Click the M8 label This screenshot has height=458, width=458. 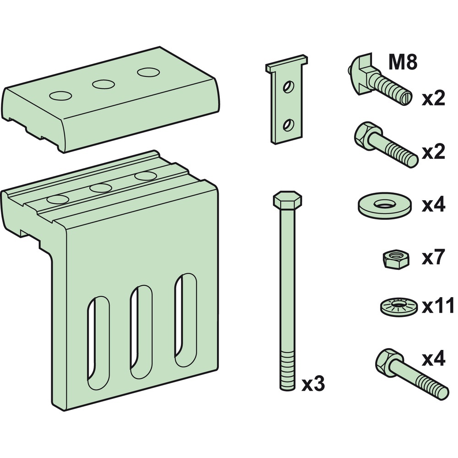coord(403,62)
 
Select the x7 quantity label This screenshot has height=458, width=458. coord(433,259)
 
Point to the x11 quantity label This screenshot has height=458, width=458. coord(438,305)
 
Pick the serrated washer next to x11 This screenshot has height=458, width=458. coord(398,306)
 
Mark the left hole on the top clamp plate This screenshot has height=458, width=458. coord(61,95)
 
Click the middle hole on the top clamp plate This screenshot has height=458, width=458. coord(103,84)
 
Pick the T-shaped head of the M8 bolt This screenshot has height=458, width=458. coord(360,69)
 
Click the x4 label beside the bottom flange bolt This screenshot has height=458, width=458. coord(433,360)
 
